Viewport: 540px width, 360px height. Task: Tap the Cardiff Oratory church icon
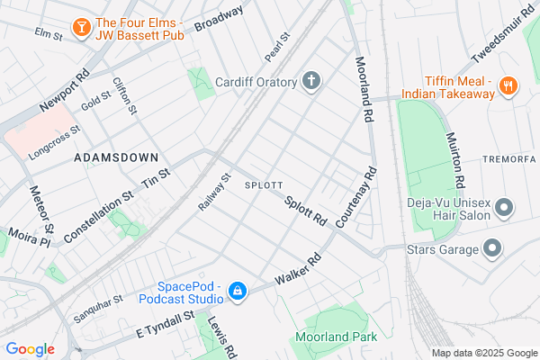click(x=312, y=83)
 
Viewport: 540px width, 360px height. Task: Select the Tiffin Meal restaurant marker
click(x=508, y=85)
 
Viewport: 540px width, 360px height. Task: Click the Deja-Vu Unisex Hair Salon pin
click(x=504, y=208)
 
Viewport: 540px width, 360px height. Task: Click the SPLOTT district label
click(x=265, y=184)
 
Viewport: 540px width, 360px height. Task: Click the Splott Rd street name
click(x=305, y=212)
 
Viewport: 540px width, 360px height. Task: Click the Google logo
click(x=30, y=349)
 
